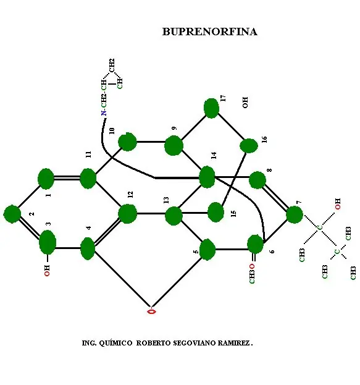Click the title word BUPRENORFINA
tap(209, 32)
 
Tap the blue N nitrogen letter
tap(104, 113)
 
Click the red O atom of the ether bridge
tap(151, 311)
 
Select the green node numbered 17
tap(211, 108)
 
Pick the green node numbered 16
tap(249, 146)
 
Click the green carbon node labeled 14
tap(207, 177)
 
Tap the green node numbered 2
tap(12, 214)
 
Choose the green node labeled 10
tap(127, 142)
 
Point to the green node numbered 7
tap(295, 214)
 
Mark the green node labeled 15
tap(216, 212)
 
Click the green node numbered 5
tap(207, 250)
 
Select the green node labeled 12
tap(127, 214)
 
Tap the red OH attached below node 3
tap(47, 271)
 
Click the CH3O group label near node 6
tap(252, 274)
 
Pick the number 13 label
tap(166, 200)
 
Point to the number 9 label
tap(174, 128)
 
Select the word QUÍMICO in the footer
tap(115, 343)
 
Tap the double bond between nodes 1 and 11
tap(67, 178)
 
